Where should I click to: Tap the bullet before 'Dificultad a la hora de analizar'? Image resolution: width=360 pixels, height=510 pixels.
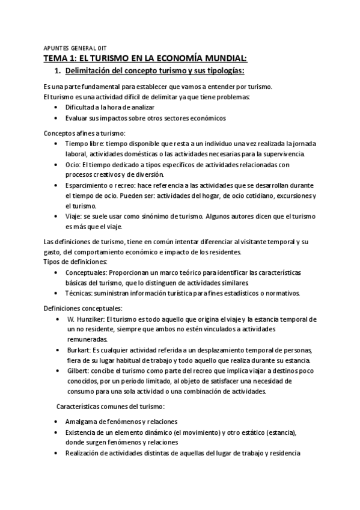(x=56, y=107)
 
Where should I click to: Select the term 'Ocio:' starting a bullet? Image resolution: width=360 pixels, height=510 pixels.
(x=75, y=164)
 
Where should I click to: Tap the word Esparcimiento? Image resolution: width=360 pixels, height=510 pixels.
(x=90, y=185)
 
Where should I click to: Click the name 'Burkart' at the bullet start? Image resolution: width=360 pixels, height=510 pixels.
(x=79, y=350)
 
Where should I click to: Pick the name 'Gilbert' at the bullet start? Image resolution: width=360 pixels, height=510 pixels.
(x=79, y=371)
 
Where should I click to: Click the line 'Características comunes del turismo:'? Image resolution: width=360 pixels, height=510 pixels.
(x=105, y=407)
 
